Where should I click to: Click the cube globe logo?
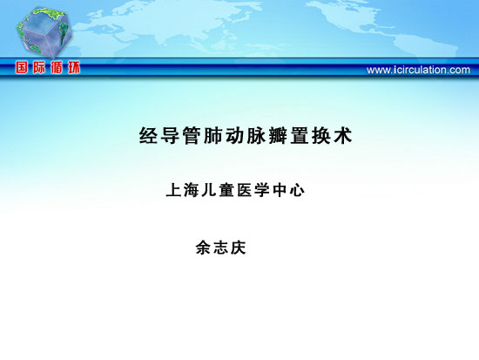coord(44,32)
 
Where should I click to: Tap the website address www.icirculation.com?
coord(418,70)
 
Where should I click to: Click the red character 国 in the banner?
coord(22,68)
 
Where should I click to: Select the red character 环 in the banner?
coord(74,68)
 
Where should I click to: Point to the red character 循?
coord(57,68)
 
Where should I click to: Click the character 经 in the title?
coord(149,135)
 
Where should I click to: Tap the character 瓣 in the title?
coord(278,135)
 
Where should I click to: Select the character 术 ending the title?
coord(343,135)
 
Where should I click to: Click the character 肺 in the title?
coord(213,135)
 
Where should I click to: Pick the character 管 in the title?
coord(192,135)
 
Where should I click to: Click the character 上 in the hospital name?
coord(174,190)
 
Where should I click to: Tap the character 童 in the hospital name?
coord(226,190)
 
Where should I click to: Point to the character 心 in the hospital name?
coord(297,190)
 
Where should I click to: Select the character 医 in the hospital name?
coord(244,190)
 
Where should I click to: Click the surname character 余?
coord(203,248)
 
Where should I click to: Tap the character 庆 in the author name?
coord(239,248)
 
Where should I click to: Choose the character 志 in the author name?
coord(220,248)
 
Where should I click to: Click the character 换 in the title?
coord(321,135)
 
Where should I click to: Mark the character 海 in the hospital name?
coord(192,190)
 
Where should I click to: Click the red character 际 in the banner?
coord(39,68)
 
